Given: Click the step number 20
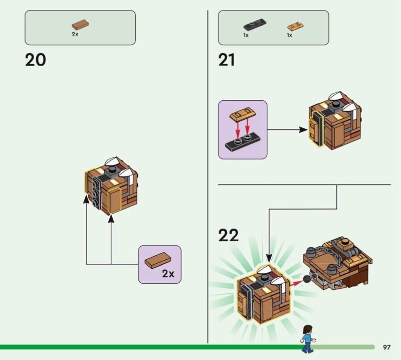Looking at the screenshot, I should click(x=35, y=60).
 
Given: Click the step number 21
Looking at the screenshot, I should click(x=227, y=60).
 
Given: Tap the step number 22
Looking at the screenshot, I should click(x=229, y=235).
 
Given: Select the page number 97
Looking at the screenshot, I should click(x=386, y=347).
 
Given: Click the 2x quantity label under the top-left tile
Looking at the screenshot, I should click(x=75, y=34).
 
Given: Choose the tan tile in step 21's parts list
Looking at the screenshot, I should click(x=295, y=26).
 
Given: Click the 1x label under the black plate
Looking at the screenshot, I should click(x=246, y=36).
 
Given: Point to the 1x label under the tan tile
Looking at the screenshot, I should click(x=289, y=36).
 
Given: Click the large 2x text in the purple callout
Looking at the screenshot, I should click(x=168, y=274).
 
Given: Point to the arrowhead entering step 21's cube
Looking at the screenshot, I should click(x=303, y=130).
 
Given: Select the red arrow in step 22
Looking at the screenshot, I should click(x=298, y=283).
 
